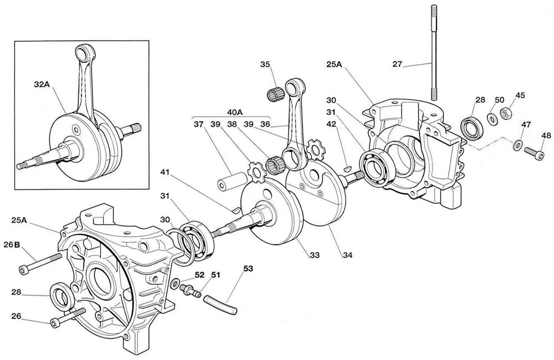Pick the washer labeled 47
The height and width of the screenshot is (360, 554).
coord(516,145)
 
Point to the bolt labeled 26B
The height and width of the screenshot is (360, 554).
coord(42,263)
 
